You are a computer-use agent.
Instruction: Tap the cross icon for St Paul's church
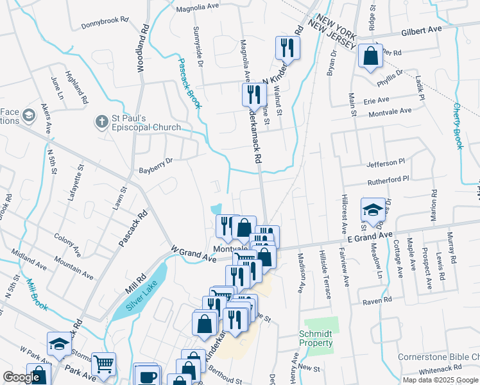[101, 121]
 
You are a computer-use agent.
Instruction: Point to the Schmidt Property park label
[316, 338]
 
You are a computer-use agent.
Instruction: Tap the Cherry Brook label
[458, 126]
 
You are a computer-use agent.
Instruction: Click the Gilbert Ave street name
[422, 30]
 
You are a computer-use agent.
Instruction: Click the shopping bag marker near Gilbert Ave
[371, 56]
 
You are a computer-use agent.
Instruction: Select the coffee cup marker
[147, 375]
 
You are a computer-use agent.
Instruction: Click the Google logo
[21, 377]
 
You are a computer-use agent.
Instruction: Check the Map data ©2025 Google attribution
[440, 380]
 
